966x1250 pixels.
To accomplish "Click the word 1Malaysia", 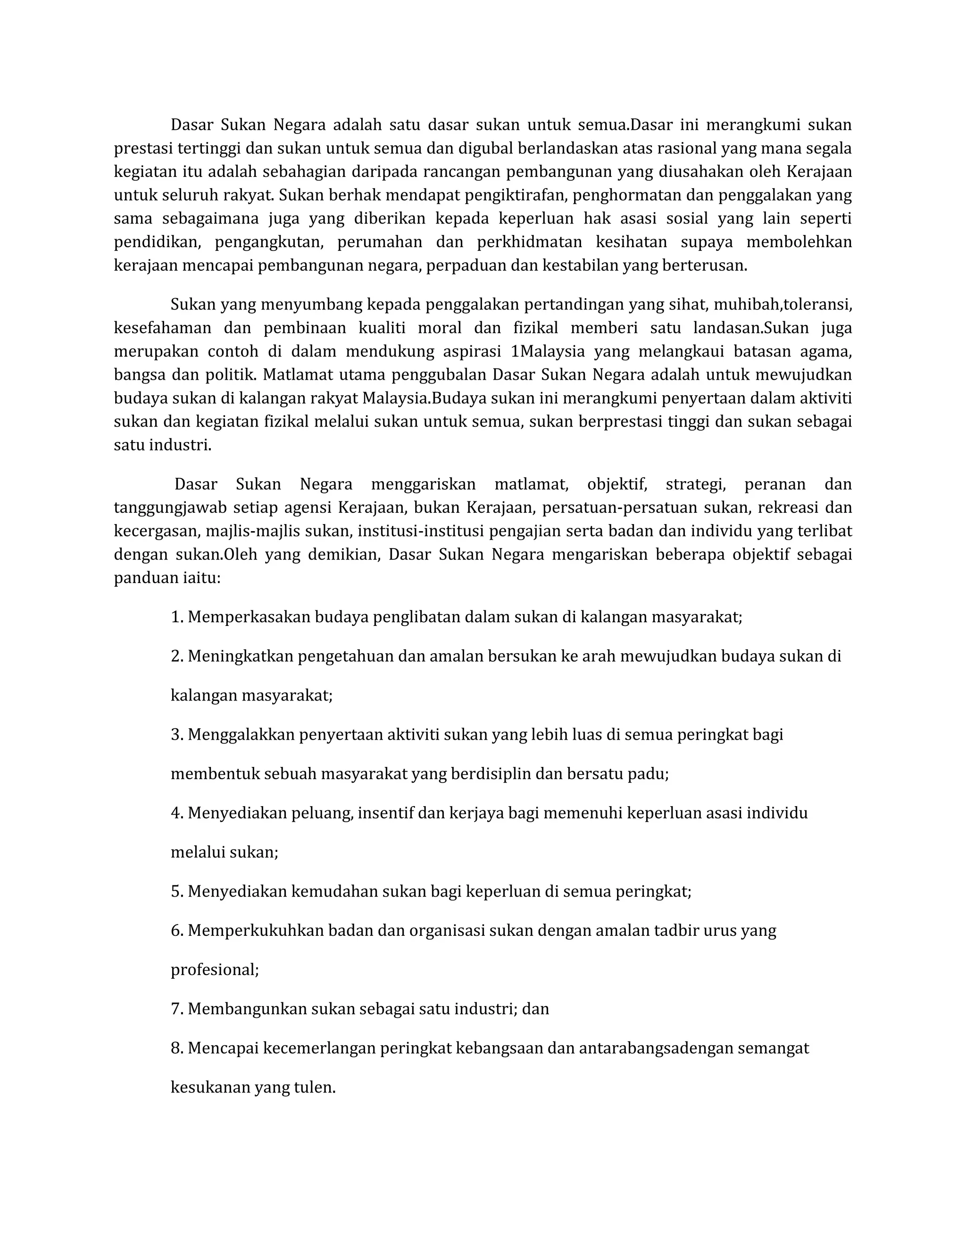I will [x=548, y=351].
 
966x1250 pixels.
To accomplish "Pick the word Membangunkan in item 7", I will [x=247, y=1008].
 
